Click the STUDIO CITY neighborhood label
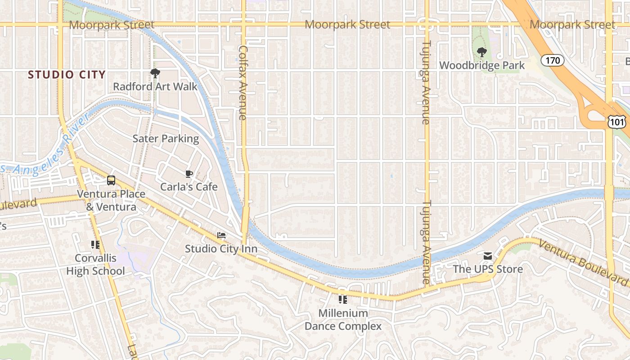pyautogui.click(x=67, y=75)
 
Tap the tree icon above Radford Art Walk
pyautogui.click(x=155, y=73)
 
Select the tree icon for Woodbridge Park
pyautogui.click(x=481, y=52)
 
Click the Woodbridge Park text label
pyautogui.click(x=481, y=65)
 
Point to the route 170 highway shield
pyautogui.click(x=552, y=60)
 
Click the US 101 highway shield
pyautogui.click(x=616, y=121)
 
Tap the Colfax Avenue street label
pyautogui.click(x=243, y=82)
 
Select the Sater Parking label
pyautogui.click(x=166, y=139)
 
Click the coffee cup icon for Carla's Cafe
pyautogui.click(x=189, y=174)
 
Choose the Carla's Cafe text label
pyautogui.click(x=189, y=187)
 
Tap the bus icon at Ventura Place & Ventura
pyautogui.click(x=111, y=180)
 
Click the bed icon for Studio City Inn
pyautogui.click(x=221, y=235)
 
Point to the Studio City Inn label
pyautogui.click(x=221, y=249)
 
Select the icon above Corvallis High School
pyautogui.click(x=95, y=245)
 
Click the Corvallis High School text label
pyautogui.click(x=95, y=265)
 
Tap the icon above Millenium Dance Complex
pyautogui.click(x=343, y=299)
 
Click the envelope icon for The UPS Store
pyautogui.click(x=487, y=256)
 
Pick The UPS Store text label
pyautogui.click(x=487, y=269)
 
